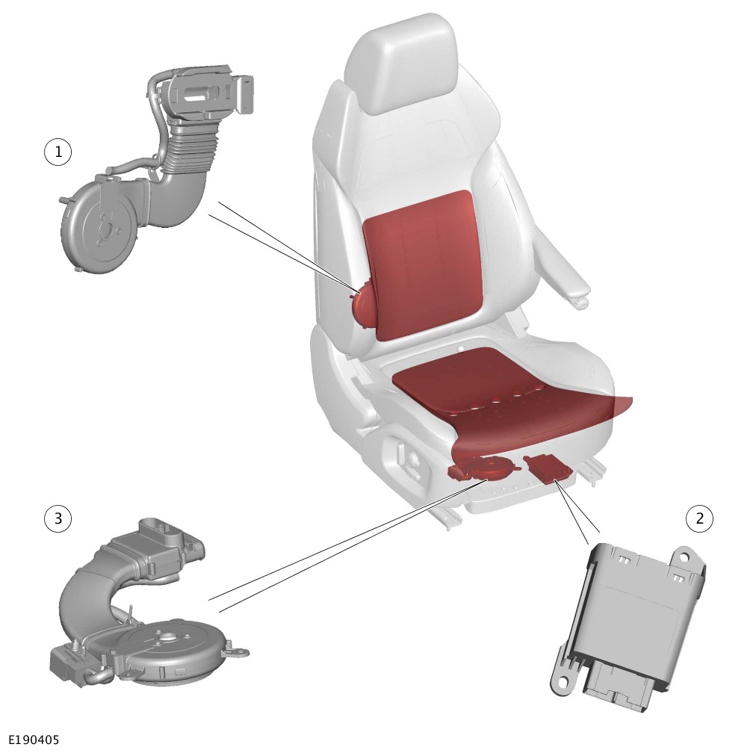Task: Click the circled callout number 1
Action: point(58,153)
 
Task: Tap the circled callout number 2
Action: point(700,518)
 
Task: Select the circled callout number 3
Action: point(58,518)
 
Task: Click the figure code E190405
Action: point(30,739)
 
